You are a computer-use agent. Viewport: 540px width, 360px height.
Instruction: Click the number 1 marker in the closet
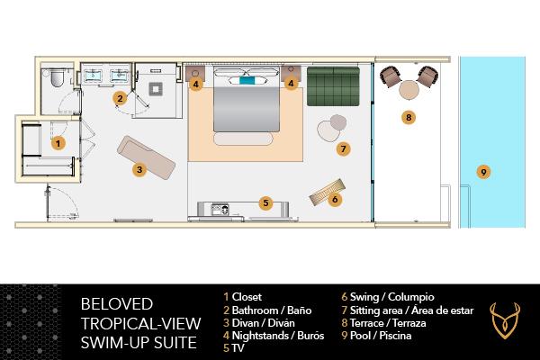tap(58, 142)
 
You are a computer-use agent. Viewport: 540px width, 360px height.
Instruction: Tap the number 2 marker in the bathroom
tap(119, 98)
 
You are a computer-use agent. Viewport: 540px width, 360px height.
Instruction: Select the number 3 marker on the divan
tap(139, 167)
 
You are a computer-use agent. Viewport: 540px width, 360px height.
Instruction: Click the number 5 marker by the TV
tap(265, 202)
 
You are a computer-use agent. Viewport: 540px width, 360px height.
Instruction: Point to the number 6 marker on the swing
tap(335, 199)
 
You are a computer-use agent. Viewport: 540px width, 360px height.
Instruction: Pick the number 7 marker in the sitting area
tap(343, 148)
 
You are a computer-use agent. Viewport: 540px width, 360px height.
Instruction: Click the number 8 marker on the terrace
tap(409, 116)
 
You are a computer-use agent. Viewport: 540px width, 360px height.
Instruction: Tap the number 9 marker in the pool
tap(483, 171)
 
